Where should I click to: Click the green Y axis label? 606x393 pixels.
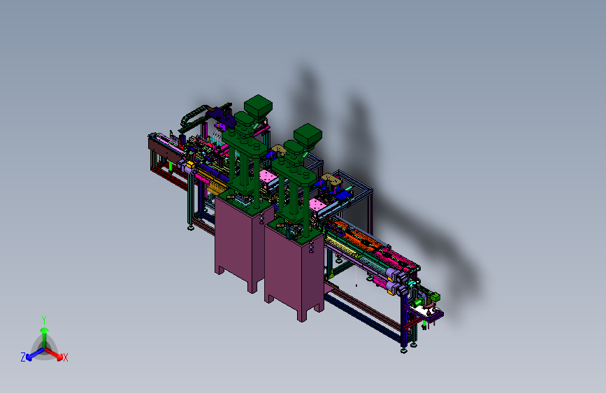[44, 320]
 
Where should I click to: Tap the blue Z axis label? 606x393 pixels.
[23, 357]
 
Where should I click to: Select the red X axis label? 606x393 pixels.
[65, 358]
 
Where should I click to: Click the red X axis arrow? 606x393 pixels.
[54, 354]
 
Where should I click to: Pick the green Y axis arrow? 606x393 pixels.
[45, 338]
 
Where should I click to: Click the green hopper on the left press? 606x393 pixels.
[258, 106]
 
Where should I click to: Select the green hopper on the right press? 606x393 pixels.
[308, 136]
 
